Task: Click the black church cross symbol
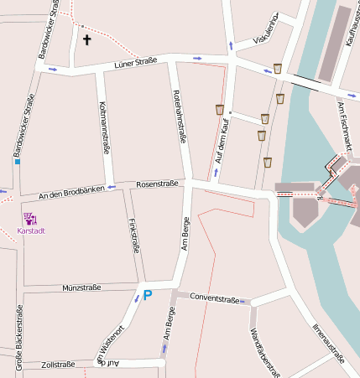[x=86, y=39]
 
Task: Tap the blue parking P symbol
[x=148, y=295]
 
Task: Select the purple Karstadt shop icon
[x=29, y=219]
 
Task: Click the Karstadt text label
[x=31, y=230]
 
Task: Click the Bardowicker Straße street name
[x=26, y=125]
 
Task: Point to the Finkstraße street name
[x=133, y=236]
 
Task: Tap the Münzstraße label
[x=81, y=287]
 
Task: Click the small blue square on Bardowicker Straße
[x=17, y=160]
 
